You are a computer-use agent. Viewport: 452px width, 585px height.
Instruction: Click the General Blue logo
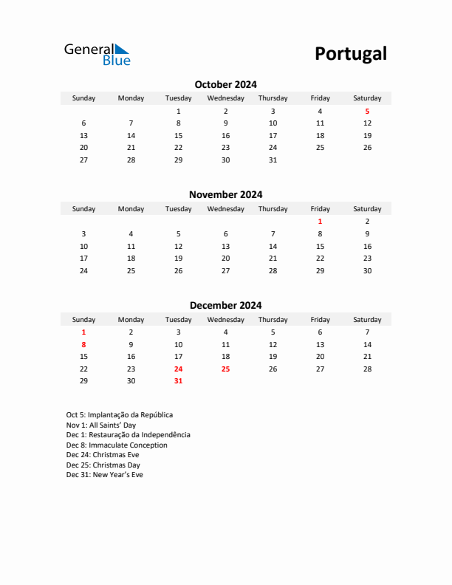pos(97,54)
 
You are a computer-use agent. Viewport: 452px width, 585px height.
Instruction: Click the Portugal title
pos(350,54)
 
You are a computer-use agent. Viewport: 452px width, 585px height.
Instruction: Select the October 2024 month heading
pos(225,84)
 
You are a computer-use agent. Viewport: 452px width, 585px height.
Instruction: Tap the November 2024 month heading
pos(225,195)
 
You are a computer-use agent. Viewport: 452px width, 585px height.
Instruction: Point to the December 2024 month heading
pos(225,305)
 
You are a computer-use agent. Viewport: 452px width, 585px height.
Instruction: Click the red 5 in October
pos(367,111)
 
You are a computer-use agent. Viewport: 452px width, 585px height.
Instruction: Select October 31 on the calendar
pos(273,160)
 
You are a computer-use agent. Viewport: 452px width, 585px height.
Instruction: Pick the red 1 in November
pos(320,221)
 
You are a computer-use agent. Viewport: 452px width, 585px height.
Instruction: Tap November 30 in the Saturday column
pos(367,270)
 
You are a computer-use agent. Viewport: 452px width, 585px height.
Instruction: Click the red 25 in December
pos(225,369)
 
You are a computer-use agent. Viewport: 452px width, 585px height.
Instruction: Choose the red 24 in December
pos(178,369)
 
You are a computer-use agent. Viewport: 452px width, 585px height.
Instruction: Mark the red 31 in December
pos(178,381)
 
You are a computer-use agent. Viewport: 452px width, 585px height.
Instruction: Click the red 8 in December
pos(83,344)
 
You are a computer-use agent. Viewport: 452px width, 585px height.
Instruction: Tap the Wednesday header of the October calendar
pos(225,98)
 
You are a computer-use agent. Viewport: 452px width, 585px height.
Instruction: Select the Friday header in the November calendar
pos(320,209)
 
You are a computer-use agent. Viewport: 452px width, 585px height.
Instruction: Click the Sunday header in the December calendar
pos(83,320)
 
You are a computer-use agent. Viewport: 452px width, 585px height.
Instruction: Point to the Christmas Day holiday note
pos(103,465)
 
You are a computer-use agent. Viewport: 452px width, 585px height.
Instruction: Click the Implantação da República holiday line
pos(119,415)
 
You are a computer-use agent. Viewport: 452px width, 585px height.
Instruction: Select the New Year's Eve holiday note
pos(104,475)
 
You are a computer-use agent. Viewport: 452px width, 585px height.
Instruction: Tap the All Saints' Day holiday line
pos(100,425)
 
